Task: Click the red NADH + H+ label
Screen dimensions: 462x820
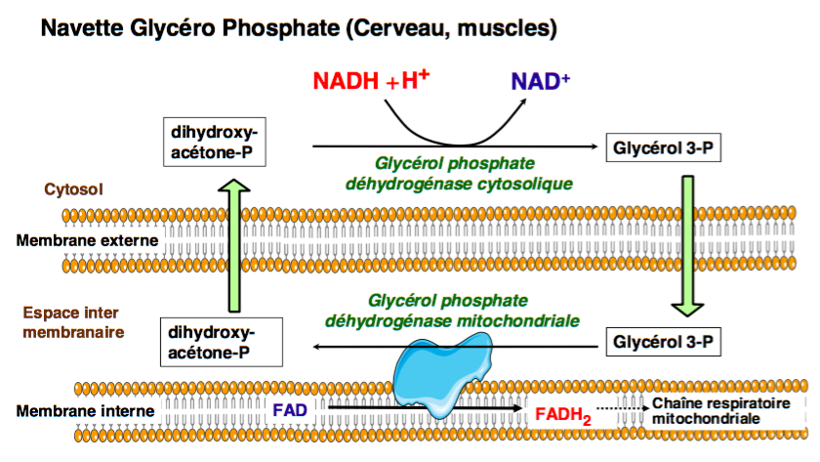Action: [x=372, y=80]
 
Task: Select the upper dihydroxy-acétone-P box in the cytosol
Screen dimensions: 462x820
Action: [x=218, y=142]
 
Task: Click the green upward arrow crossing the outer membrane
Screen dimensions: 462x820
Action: [x=232, y=244]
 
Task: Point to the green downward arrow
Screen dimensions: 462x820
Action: [x=688, y=245]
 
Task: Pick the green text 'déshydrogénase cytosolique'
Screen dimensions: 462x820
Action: [x=459, y=183]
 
